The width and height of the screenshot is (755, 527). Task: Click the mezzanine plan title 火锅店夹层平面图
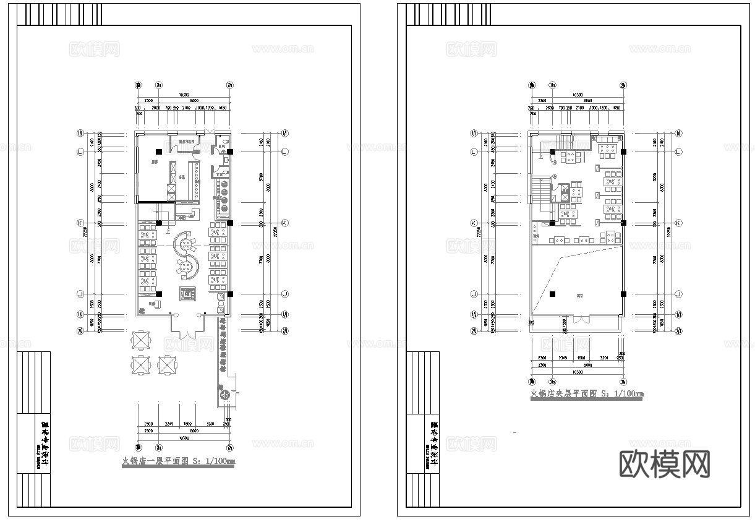tap(587, 394)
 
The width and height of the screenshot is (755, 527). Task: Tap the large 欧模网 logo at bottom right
tap(664, 463)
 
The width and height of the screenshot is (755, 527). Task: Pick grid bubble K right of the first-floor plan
tap(285, 223)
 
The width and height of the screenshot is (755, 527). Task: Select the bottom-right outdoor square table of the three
tap(168, 365)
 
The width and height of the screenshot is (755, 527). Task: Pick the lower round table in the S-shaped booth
tap(184, 267)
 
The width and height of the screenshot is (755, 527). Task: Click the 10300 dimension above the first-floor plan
tap(184, 95)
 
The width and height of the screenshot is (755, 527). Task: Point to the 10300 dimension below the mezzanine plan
tap(577, 372)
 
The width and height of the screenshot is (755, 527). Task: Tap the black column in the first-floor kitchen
tap(159, 152)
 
